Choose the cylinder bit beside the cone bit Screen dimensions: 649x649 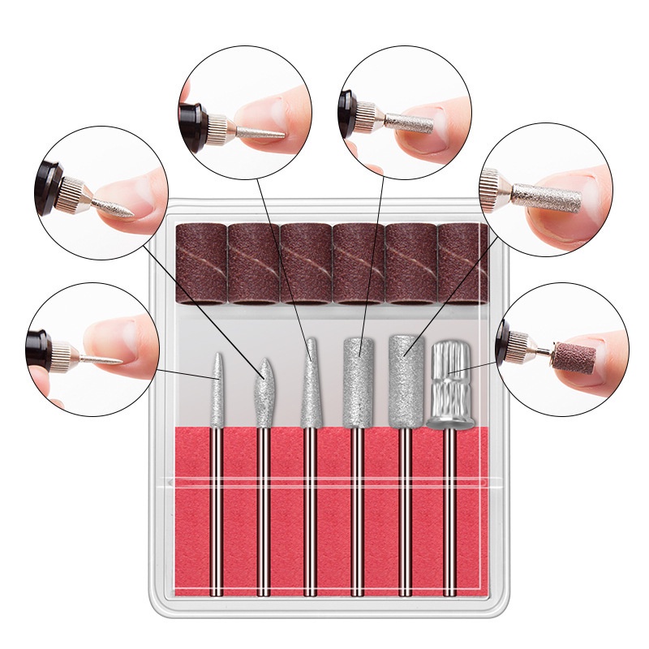point(355,381)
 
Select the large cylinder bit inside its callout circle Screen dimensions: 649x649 point(552,195)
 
